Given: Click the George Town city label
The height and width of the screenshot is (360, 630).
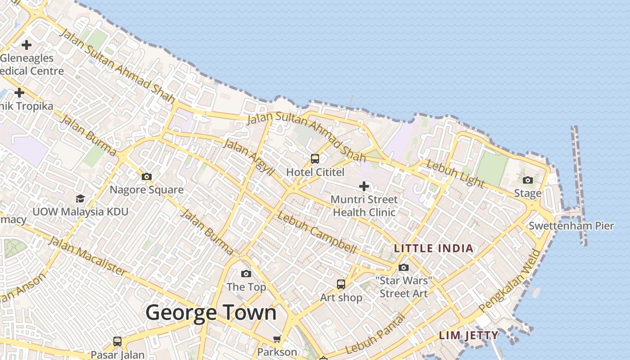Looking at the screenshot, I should coord(211,312).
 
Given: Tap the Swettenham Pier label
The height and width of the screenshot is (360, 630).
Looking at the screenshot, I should coord(571,225).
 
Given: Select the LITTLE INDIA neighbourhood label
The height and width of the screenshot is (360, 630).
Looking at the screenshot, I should coord(433,248).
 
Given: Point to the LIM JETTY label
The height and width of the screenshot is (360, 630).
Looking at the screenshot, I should coord(468,335).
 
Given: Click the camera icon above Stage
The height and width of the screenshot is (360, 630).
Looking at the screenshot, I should coord(528,180).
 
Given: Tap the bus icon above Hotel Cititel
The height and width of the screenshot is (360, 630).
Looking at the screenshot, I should coord(315,159).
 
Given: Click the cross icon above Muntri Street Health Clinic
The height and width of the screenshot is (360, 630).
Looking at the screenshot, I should coord(364,186).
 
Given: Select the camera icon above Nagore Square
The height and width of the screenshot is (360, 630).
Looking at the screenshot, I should coord(147,176).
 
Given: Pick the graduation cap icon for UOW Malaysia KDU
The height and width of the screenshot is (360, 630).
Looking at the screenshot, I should coord(80,198).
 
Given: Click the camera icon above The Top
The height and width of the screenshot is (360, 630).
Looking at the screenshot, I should coord(246,274).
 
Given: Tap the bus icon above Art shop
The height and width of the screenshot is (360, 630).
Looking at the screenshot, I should coord(341,284).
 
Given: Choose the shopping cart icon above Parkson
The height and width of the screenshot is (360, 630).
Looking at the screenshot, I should coord(277,339).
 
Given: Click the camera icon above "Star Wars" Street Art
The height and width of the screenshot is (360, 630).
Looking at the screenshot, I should coord(404,267).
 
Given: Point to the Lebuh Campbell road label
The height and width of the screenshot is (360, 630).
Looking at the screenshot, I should coord(317,232).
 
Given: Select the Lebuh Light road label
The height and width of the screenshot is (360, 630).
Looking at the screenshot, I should coord(455,174).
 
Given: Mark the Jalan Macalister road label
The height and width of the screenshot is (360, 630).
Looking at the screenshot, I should coord(87,255).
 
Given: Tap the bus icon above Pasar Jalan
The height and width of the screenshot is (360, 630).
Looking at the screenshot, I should coord(117,341).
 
